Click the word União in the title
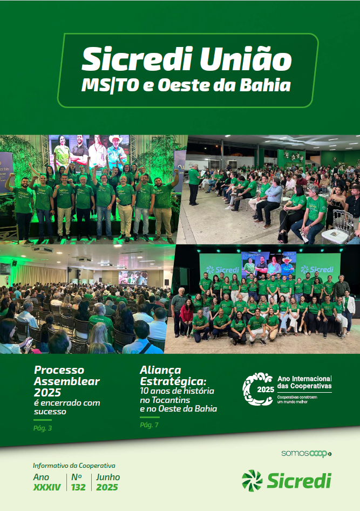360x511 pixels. coord(246,59)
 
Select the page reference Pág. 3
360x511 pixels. coord(43,428)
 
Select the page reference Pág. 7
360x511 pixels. coord(149,425)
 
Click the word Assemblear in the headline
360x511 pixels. coord(67,381)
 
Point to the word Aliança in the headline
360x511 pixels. coord(160,371)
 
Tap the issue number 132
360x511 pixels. coord(78,487)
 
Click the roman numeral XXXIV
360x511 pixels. coord(47,487)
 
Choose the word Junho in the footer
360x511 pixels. coord(108,477)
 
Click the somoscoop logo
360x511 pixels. coord(307,453)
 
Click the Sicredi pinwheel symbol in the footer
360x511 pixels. coord(252,480)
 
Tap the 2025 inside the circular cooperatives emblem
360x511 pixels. coord(266,389)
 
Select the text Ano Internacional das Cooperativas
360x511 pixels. coord(304,382)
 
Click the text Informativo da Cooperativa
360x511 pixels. coord(74,466)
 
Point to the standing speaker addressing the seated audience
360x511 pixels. coord(194,184)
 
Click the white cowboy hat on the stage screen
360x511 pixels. coord(116,139)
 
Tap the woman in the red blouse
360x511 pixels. coord(187,317)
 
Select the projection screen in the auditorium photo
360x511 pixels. coord(132,278)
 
